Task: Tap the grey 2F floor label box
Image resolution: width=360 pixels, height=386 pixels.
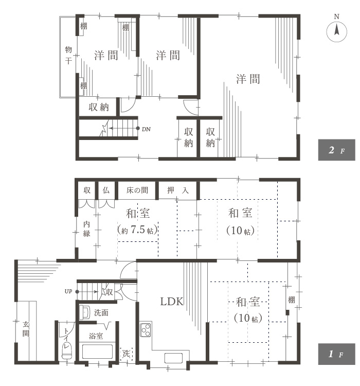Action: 336,150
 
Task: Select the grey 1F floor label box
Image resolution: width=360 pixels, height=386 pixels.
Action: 336,355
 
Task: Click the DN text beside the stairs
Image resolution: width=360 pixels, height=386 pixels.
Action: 146,129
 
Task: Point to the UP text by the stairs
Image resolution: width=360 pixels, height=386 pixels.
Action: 68,292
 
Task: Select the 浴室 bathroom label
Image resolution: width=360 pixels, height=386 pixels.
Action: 96,336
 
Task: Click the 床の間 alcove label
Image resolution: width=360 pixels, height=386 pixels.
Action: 137,190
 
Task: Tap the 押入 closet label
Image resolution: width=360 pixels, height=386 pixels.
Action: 178,190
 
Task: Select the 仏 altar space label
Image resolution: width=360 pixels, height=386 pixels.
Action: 106,190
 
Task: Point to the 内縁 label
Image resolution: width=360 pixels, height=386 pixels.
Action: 86,229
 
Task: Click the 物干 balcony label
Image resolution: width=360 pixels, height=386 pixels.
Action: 68,55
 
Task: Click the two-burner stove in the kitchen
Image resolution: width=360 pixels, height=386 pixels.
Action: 145,328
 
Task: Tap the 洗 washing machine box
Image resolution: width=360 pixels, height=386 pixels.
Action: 126,354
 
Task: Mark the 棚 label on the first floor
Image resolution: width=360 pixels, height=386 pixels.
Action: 292,300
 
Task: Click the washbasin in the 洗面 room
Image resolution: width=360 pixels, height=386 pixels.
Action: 86,311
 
